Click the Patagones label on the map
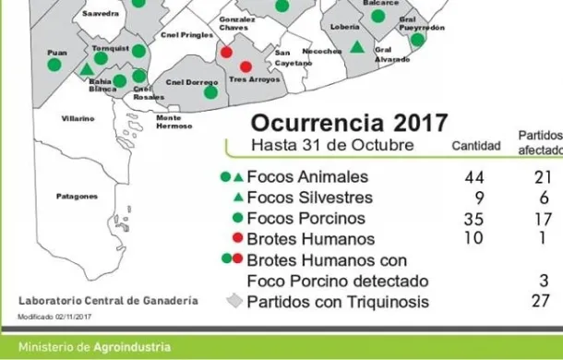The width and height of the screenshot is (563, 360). [77, 197]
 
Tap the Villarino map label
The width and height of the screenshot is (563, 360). [78, 119]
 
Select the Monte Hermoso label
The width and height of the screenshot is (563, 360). [174, 122]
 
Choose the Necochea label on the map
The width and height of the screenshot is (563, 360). [323, 52]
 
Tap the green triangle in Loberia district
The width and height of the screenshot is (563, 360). [357, 47]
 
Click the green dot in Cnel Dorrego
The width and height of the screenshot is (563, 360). [211, 91]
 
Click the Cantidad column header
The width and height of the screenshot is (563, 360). [475, 146]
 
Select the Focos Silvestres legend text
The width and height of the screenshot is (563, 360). [297, 198]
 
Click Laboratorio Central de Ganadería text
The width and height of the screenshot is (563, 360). [108, 302]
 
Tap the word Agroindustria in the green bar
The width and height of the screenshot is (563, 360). [132, 348]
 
